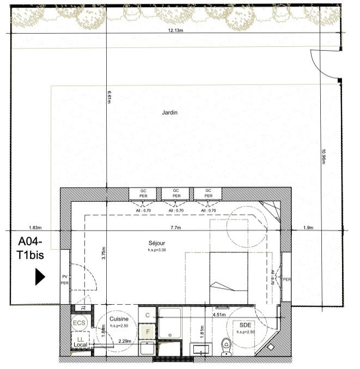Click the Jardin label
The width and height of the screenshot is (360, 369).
(x=170, y=112)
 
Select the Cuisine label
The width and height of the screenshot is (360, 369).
(x=118, y=319)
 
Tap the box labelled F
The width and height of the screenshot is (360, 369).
(x=147, y=330)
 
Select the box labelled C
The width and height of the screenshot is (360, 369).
(x=147, y=315)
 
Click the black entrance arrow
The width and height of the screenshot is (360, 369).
(x=40, y=276)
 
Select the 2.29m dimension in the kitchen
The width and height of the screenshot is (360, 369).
(x=125, y=341)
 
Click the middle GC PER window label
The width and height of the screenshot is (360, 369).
(x=176, y=193)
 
